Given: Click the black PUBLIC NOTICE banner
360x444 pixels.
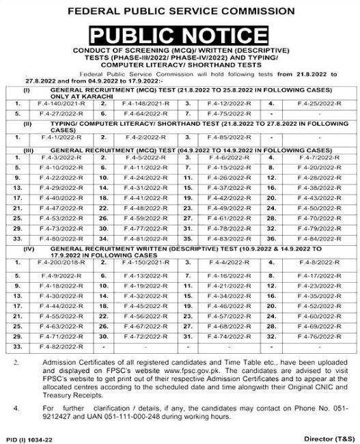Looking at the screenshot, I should point(180,34).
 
